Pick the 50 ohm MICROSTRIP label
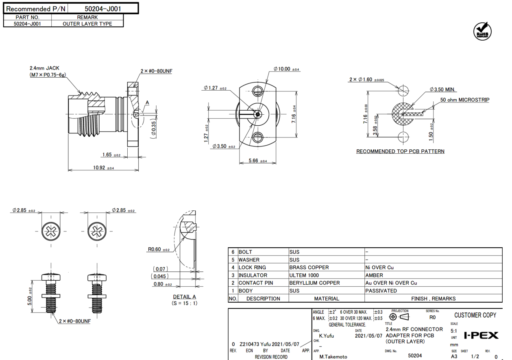click(x=465, y=100)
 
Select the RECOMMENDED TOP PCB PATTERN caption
click(x=400, y=151)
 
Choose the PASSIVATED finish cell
click(x=381, y=290)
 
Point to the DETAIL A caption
click(x=184, y=297)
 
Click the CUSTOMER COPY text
click(x=475, y=315)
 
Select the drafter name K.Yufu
click(x=327, y=336)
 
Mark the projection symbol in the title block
click(x=399, y=317)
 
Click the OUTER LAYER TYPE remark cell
click(x=87, y=24)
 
